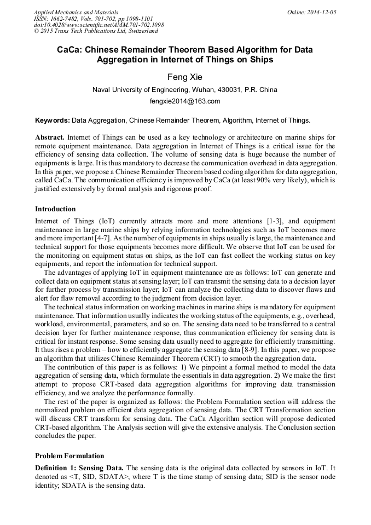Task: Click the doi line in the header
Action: click(98, 25)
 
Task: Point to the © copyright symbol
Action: click(37, 32)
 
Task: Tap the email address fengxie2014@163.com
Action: click(185, 101)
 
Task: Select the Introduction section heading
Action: click(55, 209)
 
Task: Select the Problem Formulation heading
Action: click(69, 455)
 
